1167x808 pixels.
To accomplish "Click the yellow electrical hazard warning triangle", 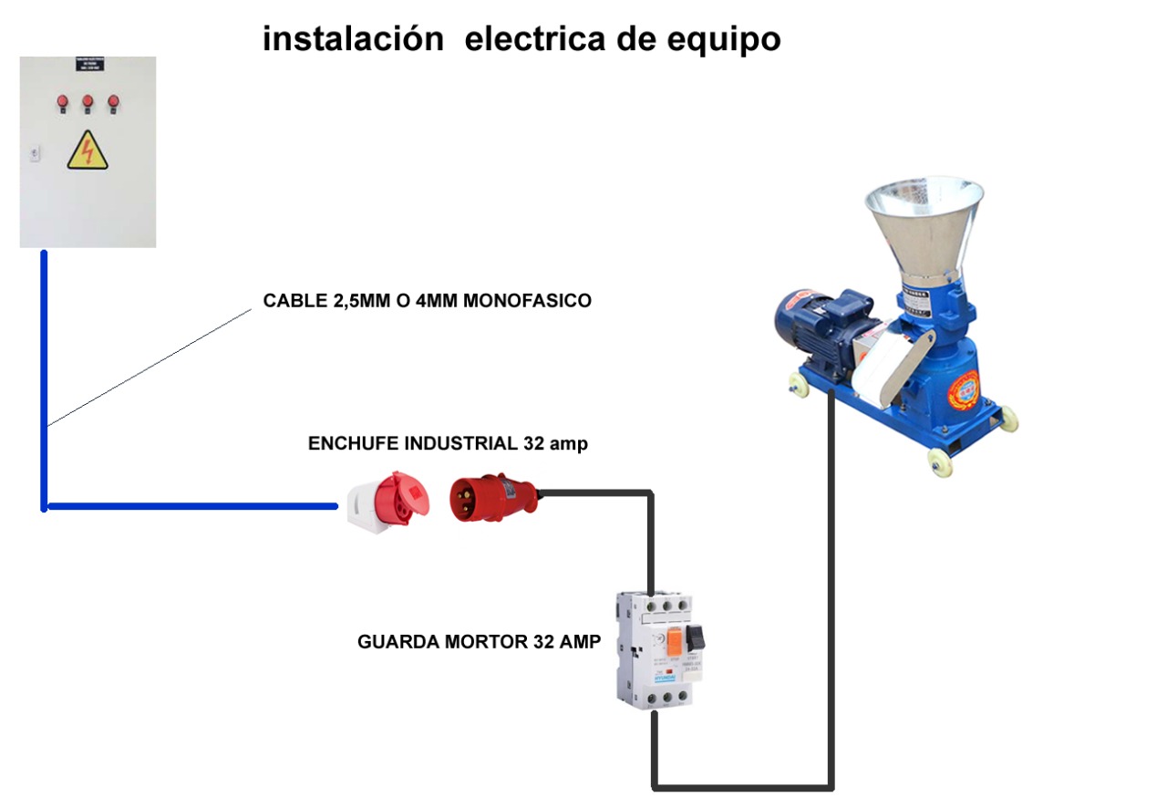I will coord(88,152).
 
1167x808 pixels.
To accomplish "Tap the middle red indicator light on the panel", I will coord(88,101).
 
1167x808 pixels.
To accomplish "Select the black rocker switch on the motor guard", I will coord(697,632).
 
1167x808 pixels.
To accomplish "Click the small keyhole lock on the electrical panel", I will coord(34,153).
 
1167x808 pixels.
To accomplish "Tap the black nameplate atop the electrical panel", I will coord(88,66).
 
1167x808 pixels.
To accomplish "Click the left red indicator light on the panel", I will coord(62,101).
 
